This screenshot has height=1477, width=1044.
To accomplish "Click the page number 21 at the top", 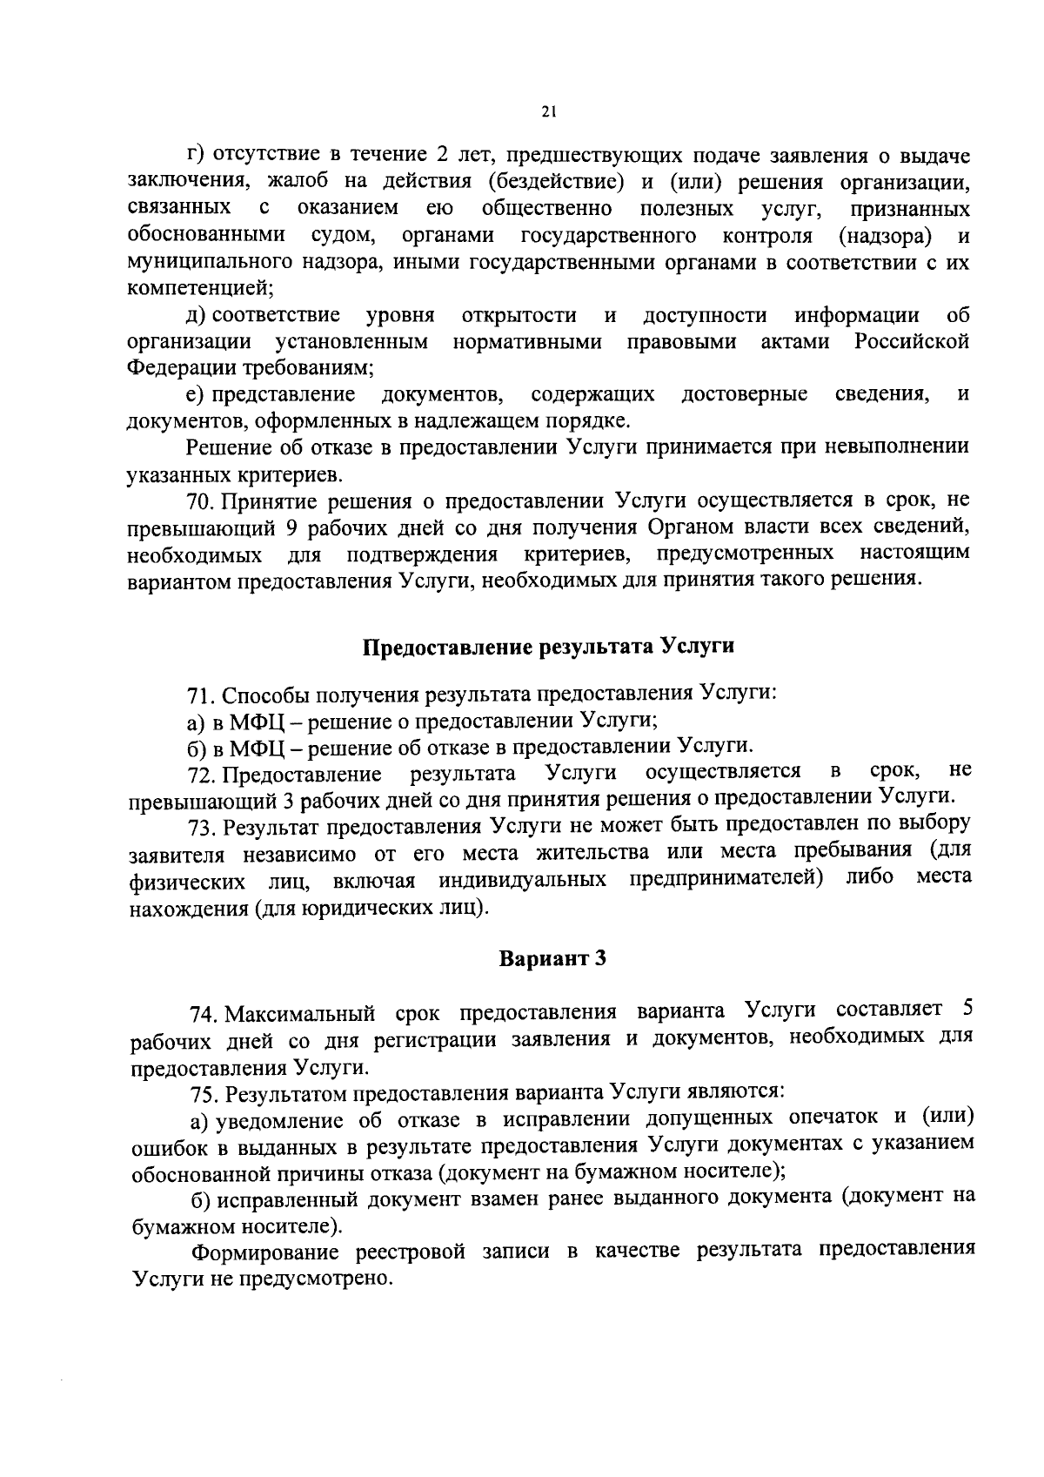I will pos(547,111).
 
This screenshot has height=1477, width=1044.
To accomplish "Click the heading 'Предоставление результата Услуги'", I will pos(548,647).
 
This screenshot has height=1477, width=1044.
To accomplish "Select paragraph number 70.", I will pos(200,500).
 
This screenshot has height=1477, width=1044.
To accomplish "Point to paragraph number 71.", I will pos(201,695).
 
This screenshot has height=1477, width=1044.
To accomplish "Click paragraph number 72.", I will pos(201,773).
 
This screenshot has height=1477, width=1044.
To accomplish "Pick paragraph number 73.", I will pos(201,824).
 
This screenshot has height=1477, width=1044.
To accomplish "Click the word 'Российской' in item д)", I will pos(912,341).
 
